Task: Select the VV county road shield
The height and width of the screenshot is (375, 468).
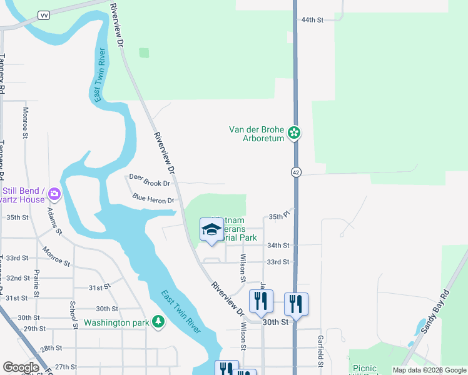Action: pos(44,15)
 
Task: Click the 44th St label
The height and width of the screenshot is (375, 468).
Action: pos(312,20)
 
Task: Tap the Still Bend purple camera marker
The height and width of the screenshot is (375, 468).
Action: pos(55,194)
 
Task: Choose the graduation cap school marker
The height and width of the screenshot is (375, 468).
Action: pos(211,229)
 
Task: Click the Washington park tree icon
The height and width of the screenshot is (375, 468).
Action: pos(159,321)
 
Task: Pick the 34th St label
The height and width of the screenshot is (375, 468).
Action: pos(278,246)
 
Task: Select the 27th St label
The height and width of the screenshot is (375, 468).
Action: pos(65,367)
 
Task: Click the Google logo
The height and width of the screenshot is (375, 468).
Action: pos(20,367)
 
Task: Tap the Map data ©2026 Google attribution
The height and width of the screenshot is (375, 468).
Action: pos(429,370)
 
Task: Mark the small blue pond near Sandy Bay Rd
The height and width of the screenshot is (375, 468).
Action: pos(418,327)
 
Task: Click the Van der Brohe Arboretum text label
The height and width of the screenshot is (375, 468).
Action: pos(257,134)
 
